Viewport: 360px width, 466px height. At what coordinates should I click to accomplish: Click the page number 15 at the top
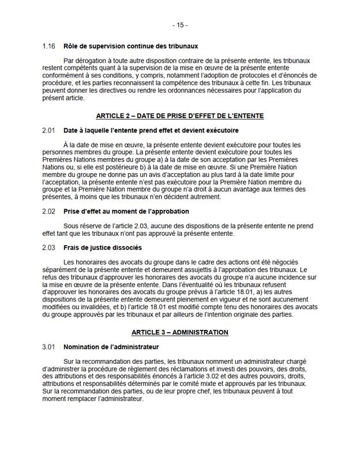click(179, 25)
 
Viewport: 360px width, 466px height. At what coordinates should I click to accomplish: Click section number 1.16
click(49, 46)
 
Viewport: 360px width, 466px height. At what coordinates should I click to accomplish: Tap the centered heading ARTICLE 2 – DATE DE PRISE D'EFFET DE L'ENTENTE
click(179, 116)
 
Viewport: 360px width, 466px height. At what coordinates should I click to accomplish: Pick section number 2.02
click(49, 212)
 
